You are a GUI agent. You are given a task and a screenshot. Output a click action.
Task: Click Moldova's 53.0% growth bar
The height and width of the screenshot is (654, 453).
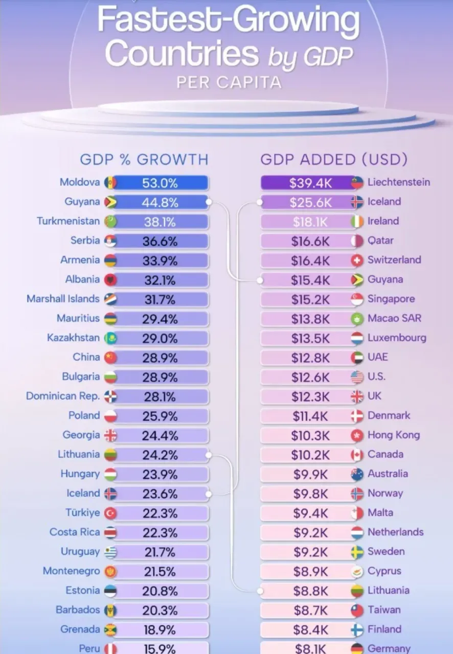tap(160, 183)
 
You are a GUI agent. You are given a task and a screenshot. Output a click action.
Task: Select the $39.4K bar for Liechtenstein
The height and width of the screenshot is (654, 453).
tap(307, 183)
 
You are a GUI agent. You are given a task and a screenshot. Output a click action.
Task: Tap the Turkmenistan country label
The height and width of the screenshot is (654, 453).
tap(68, 221)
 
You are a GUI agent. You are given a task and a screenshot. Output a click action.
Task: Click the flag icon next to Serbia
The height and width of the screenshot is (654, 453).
tap(110, 241)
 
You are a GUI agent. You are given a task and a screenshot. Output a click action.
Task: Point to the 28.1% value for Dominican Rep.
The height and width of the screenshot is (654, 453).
tap(160, 397)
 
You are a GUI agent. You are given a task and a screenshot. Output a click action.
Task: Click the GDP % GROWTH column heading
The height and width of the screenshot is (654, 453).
tap(144, 159)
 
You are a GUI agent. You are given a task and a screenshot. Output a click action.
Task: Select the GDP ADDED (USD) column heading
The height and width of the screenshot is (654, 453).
tap(334, 159)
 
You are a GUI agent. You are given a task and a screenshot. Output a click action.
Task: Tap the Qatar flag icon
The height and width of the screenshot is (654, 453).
tap(357, 241)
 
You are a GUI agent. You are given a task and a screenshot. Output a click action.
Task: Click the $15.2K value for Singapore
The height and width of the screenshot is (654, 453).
tap(310, 299)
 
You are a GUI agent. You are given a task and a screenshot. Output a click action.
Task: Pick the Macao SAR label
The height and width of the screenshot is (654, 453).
tap(394, 318)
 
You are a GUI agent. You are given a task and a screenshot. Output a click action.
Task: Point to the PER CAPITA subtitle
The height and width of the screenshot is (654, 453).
tap(229, 82)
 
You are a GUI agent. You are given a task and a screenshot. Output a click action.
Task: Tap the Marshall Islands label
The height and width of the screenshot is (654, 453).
tap(63, 299)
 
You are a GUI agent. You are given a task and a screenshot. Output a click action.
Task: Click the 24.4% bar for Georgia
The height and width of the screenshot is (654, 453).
tap(160, 436)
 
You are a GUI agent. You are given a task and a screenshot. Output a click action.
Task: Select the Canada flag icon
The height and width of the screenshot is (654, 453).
tap(357, 455)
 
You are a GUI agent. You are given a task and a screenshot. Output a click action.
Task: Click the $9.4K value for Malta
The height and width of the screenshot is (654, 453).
tap(310, 513)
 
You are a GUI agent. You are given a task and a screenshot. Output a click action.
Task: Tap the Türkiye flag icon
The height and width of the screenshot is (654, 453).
tap(110, 513)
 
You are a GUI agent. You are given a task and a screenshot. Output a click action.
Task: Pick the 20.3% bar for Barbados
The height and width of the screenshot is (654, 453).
tap(160, 611)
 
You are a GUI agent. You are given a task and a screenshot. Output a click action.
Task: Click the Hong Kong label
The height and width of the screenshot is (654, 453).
tap(393, 435)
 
